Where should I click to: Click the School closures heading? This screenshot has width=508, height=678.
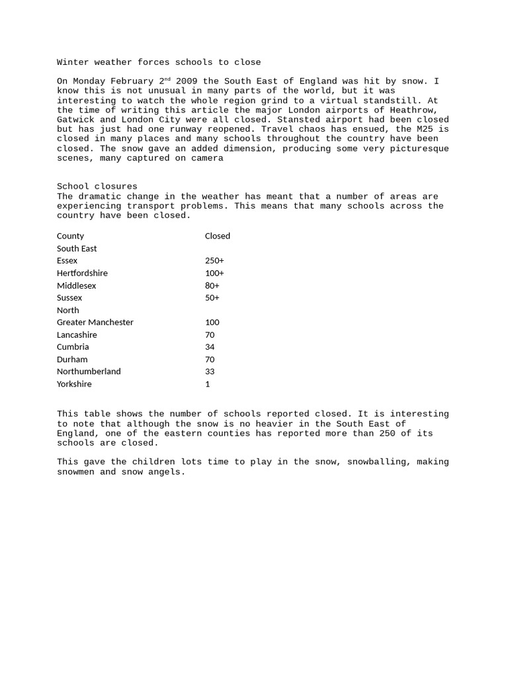(x=97, y=187)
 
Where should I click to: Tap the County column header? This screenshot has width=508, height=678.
(x=70, y=236)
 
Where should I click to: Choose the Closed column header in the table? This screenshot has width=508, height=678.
(x=218, y=236)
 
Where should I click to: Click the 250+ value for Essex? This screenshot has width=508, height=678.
(x=214, y=261)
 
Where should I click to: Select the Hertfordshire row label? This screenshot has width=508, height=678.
(x=82, y=273)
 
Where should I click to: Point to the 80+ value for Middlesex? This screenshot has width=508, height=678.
(x=212, y=285)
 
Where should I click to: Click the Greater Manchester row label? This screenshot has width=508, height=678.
(x=95, y=322)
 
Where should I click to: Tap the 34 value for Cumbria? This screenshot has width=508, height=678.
(x=210, y=347)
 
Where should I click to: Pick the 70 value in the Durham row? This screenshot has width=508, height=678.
(x=210, y=360)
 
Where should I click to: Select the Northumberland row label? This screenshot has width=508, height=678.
(x=89, y=371)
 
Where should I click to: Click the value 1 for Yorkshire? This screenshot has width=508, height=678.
(x=208, y=384)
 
